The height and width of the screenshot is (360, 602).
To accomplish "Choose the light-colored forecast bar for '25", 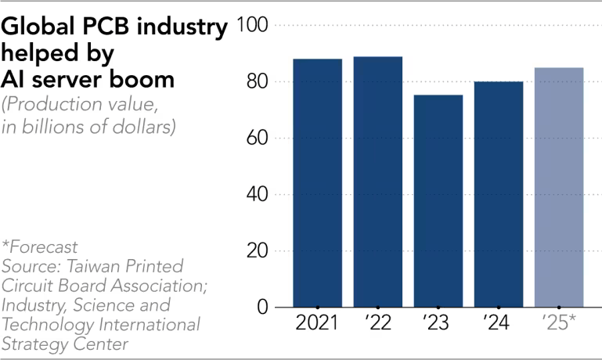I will click(558, 187).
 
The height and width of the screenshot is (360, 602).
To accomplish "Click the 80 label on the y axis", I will click(257, 82).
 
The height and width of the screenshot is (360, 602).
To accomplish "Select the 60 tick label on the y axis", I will click(257, 139).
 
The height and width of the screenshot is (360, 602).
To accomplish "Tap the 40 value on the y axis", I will click(257, 195).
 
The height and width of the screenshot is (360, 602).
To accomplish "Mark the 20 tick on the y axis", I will click(257, 251).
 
